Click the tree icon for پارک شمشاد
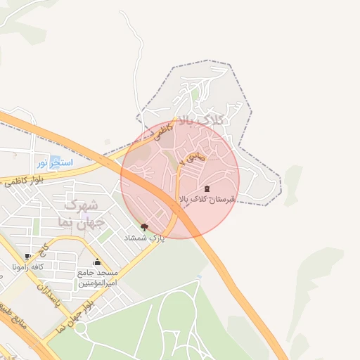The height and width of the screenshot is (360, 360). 145,227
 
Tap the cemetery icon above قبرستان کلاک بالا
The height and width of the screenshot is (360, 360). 207,188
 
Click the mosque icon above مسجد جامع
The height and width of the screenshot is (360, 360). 97,262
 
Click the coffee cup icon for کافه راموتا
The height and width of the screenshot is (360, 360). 27,256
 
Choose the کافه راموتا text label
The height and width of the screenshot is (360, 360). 28,267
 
